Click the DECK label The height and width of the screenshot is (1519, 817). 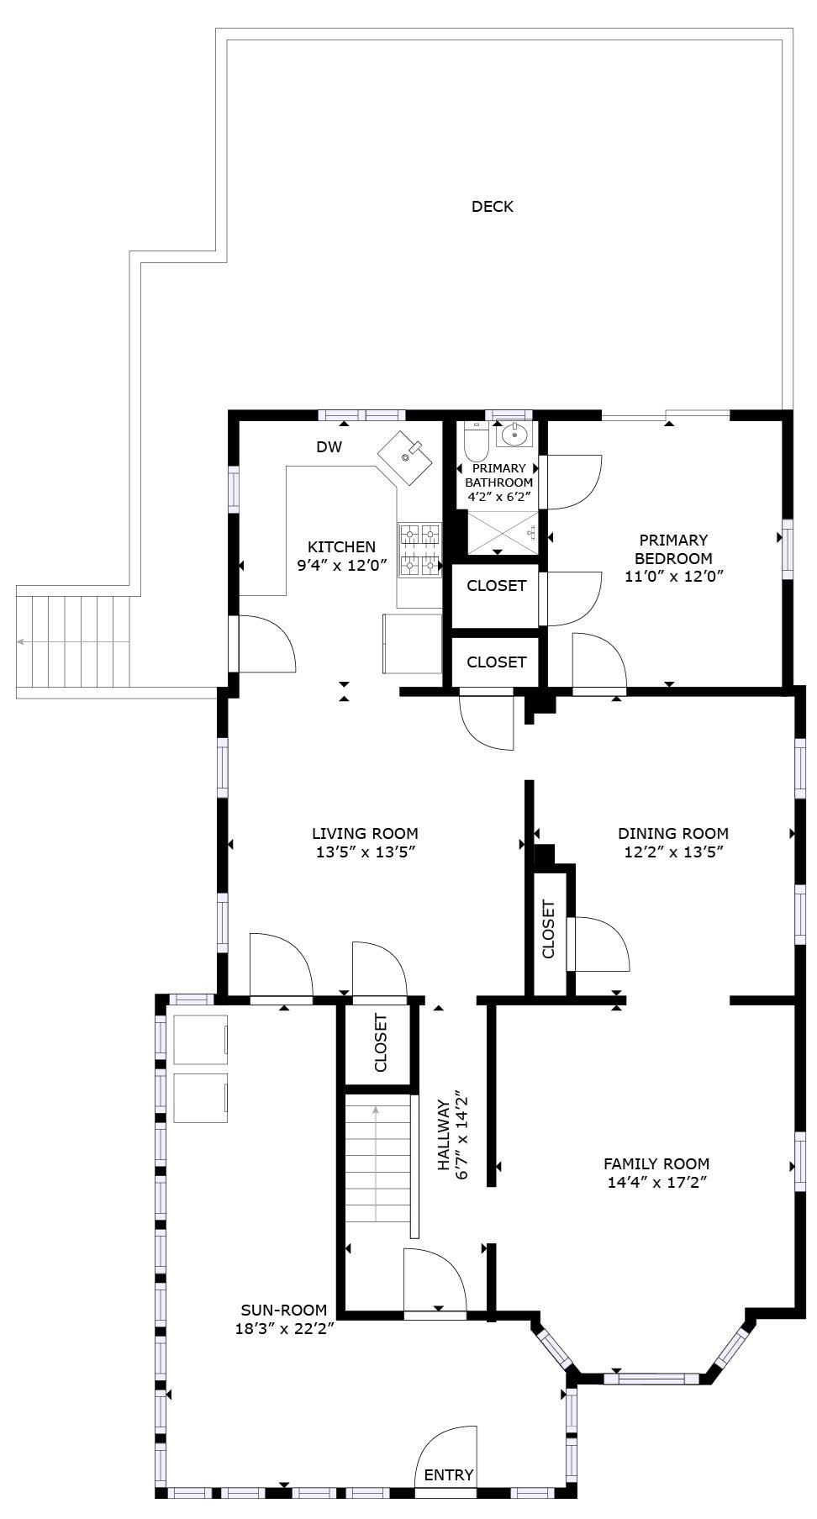point(492,207)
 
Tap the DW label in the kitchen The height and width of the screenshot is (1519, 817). point(329,447)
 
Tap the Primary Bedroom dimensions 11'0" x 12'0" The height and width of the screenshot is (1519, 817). point(673,577)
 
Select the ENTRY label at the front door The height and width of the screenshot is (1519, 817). point(448,1474)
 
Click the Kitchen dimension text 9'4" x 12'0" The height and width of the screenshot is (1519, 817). point(341,566)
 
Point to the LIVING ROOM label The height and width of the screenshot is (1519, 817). point(365,834)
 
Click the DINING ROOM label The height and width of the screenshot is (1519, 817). point(672,834)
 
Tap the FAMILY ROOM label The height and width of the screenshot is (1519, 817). point(656,1164)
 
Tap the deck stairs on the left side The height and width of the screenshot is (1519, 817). point(74,642)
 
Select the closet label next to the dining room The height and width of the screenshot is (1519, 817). point(549,930)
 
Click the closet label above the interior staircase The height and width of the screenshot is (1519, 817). point(381,1043)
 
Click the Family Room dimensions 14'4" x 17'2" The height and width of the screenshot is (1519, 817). point(656,1183)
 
